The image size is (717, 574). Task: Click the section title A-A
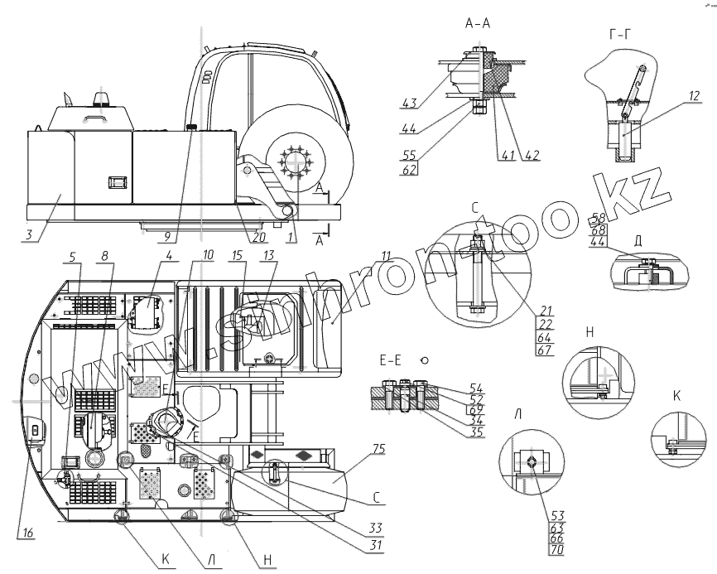click(478, 25)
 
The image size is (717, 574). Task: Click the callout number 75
click(378, 450)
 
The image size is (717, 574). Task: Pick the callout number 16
click(29, 533)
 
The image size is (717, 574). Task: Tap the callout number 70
click(556, 548)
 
